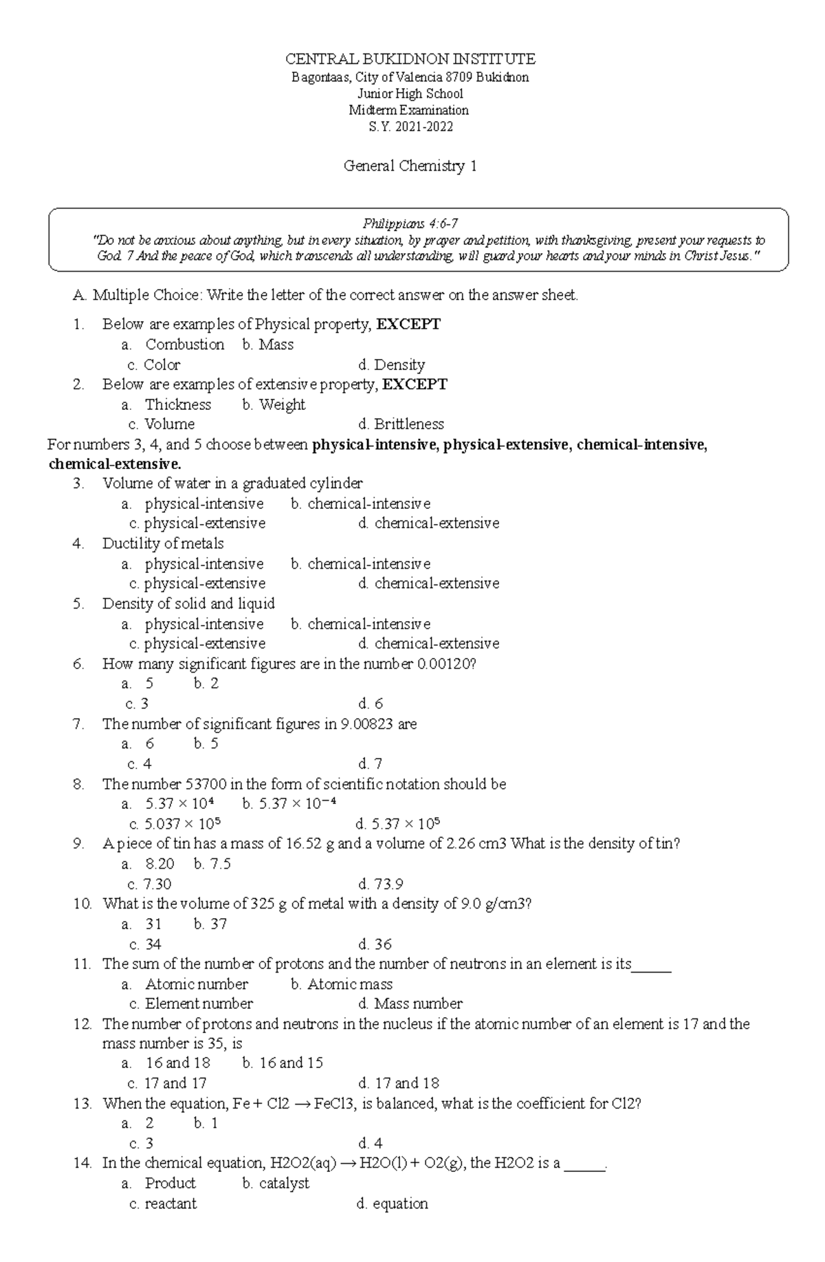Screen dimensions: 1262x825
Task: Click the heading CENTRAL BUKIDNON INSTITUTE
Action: pos(410,58)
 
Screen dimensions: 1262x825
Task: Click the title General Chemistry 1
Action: pos(410,166)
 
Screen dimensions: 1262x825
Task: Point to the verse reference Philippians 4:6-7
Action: pos(410,224)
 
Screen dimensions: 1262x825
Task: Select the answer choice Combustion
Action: pos(184,345)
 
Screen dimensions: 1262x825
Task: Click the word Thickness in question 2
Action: pos(177,404)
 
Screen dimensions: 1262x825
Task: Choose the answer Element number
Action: pos(199,1003)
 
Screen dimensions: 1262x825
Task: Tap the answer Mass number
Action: pos(418,1003)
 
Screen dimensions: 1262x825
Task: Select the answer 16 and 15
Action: pos(291,1063)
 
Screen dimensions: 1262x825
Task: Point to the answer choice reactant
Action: pos(170,1204)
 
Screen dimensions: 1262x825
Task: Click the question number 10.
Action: pos(82,904)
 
